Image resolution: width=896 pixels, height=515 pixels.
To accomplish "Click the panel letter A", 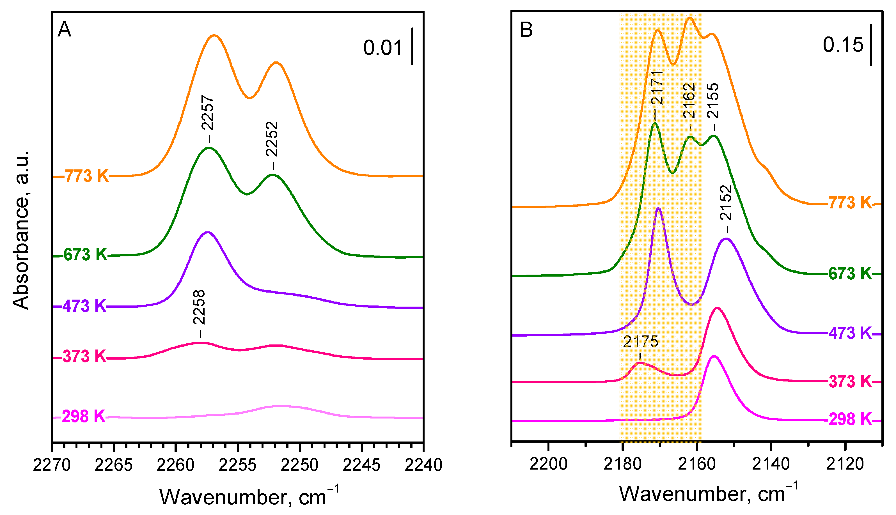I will click(64, 29).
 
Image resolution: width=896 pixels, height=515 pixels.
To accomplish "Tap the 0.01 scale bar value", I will click(383, 48).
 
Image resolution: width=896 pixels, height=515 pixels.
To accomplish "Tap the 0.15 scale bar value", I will click(843, 45).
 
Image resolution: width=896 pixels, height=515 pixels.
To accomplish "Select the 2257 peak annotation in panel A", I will click(208, 112).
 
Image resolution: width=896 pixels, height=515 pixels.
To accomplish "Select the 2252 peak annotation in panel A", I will click(272, 139).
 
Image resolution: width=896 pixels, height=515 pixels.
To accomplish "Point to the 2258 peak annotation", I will click(199, 307).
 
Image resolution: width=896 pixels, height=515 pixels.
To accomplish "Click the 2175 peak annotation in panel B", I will click(641, 342).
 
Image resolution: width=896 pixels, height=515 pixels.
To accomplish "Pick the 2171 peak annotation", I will click(657, 88).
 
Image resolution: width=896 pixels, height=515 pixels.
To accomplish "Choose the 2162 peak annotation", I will click(689, 101).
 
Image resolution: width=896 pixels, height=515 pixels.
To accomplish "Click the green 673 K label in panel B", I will click(850, 273).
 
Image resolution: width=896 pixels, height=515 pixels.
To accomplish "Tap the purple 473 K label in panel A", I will click(84, 306).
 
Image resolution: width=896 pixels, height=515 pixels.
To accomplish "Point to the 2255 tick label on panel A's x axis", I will click(237, 465).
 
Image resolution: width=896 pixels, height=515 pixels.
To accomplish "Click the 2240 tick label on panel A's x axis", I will click(423, 465).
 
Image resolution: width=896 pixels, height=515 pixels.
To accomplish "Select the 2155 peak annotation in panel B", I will click(713, 101).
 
